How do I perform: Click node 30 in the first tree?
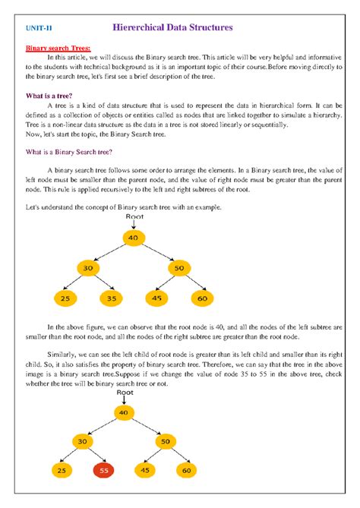tap(88, 268)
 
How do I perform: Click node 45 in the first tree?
tap(157, 298)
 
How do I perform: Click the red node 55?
tap(105, 471)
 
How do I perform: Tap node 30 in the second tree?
tap(84, 440)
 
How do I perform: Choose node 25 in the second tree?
tap(62, 471)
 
